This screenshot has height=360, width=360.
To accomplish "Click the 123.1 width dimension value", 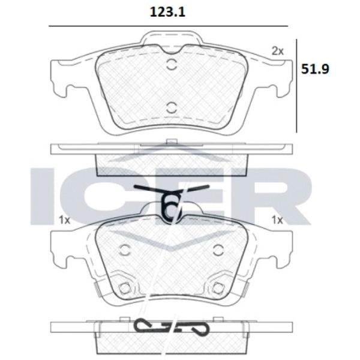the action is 167,12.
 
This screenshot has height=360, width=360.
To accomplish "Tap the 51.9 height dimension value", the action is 315,68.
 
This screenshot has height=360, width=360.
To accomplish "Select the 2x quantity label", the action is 278,51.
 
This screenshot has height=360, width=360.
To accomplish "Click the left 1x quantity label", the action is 64,220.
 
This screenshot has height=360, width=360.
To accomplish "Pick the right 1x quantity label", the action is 277,220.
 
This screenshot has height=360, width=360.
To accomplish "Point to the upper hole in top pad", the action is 171,65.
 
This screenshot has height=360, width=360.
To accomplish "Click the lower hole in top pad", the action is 171,107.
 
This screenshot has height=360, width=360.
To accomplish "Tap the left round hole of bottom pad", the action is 125,250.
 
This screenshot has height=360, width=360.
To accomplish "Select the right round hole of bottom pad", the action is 218,250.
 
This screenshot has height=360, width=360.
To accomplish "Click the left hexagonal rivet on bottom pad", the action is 125,288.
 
